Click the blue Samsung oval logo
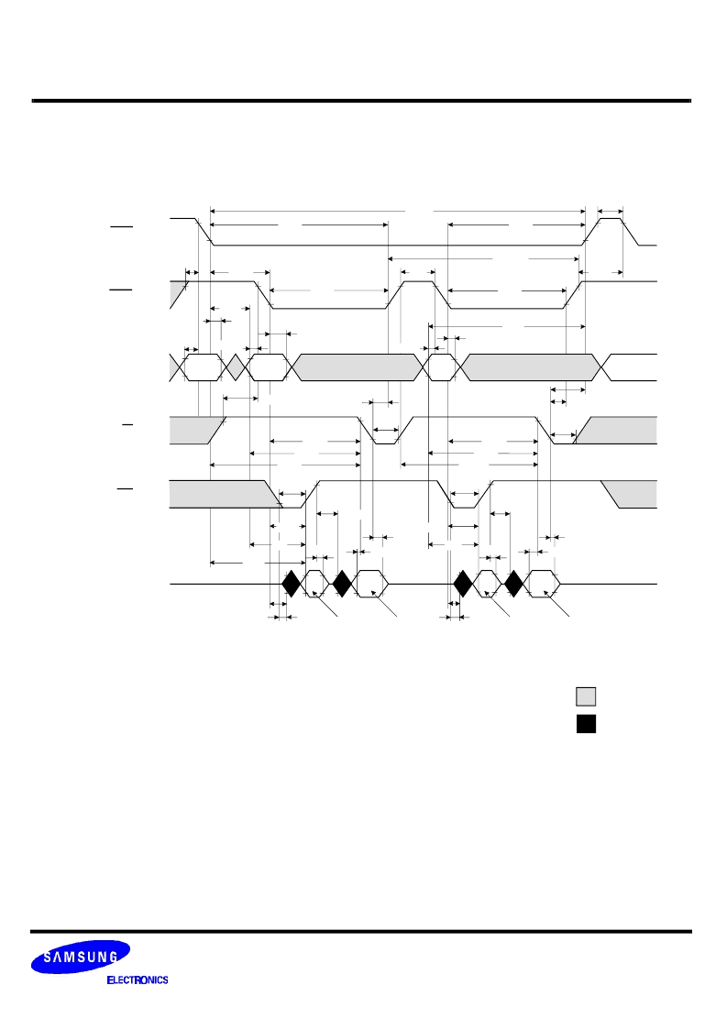[x=80, y=957]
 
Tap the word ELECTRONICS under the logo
[x=138, y=980]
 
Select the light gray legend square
[x=586, y=696]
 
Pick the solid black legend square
[x=586, y=723]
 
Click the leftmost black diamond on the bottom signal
[x=291, y=584]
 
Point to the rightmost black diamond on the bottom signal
[x=514, y=584]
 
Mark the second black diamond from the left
[x=342, y=584]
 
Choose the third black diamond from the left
[x=463, y=584]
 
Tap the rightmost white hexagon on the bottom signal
[x=544, y=584]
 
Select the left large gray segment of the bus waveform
[x=356, y=367]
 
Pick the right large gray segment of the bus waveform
[x=531, y=367]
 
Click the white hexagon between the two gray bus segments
[x=442, y=367]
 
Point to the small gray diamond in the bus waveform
[x=235, y=367]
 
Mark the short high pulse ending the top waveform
[x=611, y=231]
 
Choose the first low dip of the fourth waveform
[x=385, y=431]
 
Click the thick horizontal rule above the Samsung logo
[x=361, y=931]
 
